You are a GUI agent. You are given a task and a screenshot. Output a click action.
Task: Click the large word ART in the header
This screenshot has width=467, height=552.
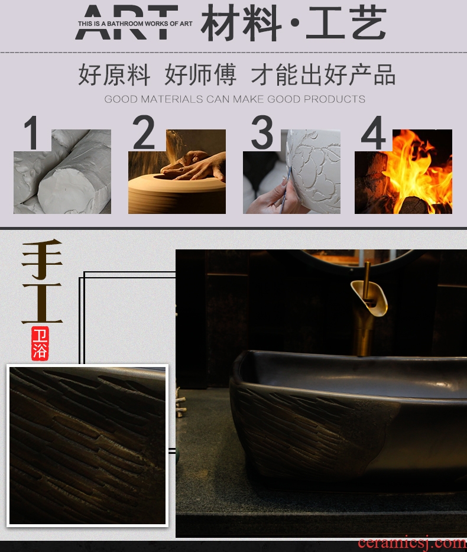pyautogui.click(x=127, y=22)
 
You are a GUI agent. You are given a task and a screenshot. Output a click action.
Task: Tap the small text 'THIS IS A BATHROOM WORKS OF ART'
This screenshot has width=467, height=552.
pyautogui.click(x=135, y=24)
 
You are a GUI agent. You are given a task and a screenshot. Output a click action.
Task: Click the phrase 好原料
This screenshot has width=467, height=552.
pyautogui.click(x=114, y=74)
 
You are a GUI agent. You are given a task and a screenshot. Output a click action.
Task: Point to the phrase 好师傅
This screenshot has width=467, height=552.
pyautogui.click(x=200, y=74)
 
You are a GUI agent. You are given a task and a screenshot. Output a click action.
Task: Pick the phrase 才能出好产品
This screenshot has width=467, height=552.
pyautogui.click(x=323, y=74)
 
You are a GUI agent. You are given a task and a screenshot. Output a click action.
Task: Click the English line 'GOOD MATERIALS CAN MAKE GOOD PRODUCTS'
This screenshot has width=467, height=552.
pyautogui.click(x=235, y=99)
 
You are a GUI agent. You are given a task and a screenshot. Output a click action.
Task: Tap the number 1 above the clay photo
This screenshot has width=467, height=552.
pyautogui.click(x=32, y=133)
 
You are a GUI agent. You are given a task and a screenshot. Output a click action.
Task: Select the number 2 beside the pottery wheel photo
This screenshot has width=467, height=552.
pyautogui.click(x=143, y=132)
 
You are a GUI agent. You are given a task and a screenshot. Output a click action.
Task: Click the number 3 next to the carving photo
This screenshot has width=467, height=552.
pyautogui.click(x=262, y=132)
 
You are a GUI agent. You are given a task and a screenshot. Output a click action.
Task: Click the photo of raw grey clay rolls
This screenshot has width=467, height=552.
pyautogui.click(x=62, y=171)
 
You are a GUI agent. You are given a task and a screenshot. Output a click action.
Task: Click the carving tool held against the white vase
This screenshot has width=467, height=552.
pyautogui.click(x=286, y=190)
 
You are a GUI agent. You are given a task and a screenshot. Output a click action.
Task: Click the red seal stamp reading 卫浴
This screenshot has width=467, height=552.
pyautogui.click(x=40, y=343)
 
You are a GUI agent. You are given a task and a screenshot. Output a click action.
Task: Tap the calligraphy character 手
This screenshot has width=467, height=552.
pyautogui.click(x=42, y=259)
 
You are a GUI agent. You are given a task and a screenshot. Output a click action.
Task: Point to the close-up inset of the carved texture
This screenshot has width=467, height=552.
pyautogui.click(x=87, y=446)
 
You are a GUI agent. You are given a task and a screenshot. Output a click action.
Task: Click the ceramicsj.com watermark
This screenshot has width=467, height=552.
pyautogui.click(x=412, y=543)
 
